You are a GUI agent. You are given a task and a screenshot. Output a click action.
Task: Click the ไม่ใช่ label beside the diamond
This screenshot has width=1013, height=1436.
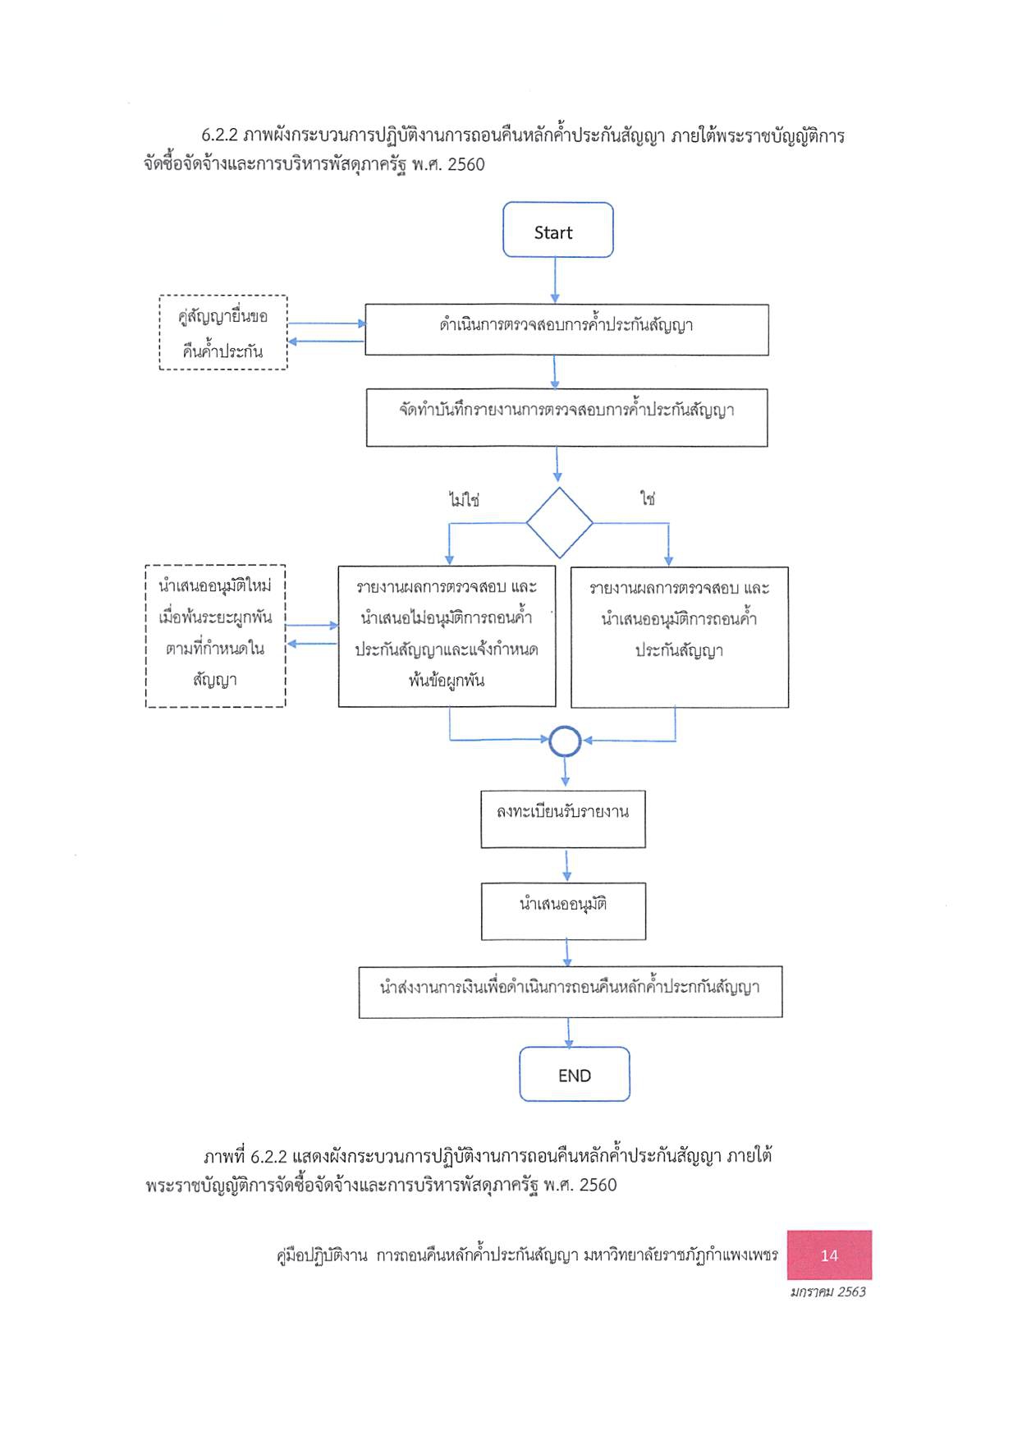click(464, 499)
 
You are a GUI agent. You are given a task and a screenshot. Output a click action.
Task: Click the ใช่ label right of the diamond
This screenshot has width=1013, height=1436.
click(648, 498)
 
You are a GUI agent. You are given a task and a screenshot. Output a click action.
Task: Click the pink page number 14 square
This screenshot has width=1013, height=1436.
click(829, 1255)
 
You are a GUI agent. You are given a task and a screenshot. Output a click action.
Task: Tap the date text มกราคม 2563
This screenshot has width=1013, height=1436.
click(827, 1291)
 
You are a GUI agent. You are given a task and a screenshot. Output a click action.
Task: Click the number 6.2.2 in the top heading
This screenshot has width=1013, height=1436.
click(219, 135)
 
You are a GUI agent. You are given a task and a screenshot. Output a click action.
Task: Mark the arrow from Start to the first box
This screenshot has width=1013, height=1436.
click(555, 281)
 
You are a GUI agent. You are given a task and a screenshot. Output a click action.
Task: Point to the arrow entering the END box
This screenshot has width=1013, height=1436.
click(568, 1033)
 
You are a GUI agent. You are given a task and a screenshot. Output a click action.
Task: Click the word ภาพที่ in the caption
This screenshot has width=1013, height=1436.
click(224, 1156)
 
